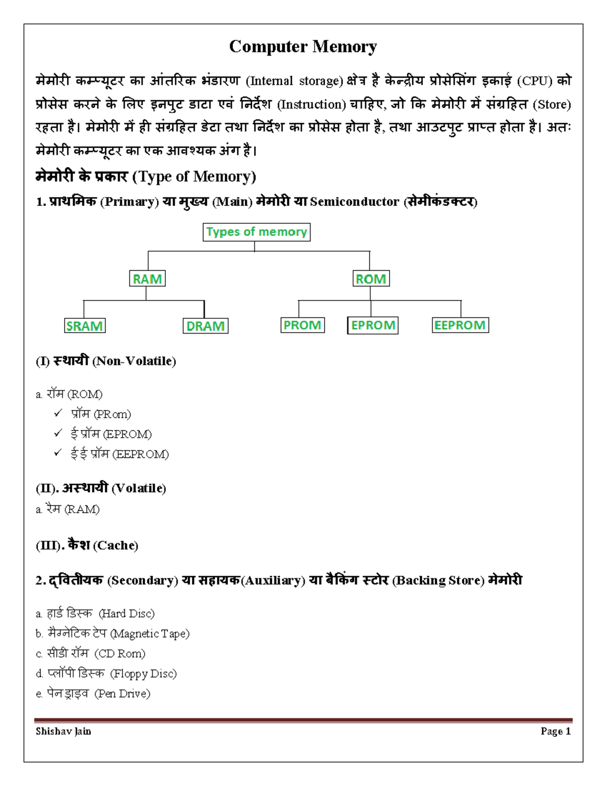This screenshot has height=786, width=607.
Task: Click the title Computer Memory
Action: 302,47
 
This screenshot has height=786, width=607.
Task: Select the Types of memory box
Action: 256,232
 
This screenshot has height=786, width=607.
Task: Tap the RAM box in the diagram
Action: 147,279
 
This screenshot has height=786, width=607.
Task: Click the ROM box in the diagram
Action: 370,279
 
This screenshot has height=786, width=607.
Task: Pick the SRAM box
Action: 84,326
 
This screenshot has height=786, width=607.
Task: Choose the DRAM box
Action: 205,326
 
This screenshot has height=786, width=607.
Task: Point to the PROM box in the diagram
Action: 302,325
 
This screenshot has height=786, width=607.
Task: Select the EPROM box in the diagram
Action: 373,325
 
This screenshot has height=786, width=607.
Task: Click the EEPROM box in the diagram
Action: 460,325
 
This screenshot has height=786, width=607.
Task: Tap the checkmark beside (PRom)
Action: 58,413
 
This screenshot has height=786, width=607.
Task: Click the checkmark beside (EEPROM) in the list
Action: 58,453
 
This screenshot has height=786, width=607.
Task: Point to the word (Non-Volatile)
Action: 134,361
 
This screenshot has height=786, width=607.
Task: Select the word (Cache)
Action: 116,546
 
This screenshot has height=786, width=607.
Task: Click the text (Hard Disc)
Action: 126,614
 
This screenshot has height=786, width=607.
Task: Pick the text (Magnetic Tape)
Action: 150,634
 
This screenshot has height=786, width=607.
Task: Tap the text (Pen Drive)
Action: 122,694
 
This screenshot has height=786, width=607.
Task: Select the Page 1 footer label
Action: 555,731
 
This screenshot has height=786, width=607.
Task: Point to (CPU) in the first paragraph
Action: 537,81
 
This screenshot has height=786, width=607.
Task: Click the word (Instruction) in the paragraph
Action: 312,105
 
